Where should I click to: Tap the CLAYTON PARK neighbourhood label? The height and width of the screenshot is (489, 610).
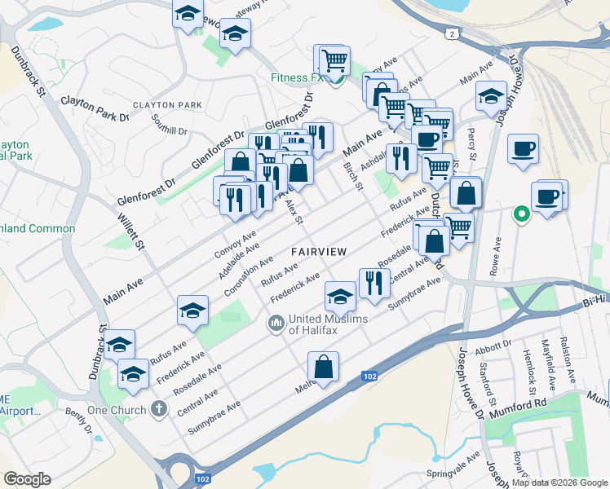point(167,105)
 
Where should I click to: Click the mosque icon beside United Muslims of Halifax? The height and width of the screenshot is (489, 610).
point(276,324)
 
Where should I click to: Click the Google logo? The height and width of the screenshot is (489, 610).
point(26,479)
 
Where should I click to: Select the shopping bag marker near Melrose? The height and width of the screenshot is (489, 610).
point(324,368)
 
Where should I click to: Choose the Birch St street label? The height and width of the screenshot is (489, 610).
point(353,176)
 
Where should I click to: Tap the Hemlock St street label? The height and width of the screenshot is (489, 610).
point(531,361)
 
